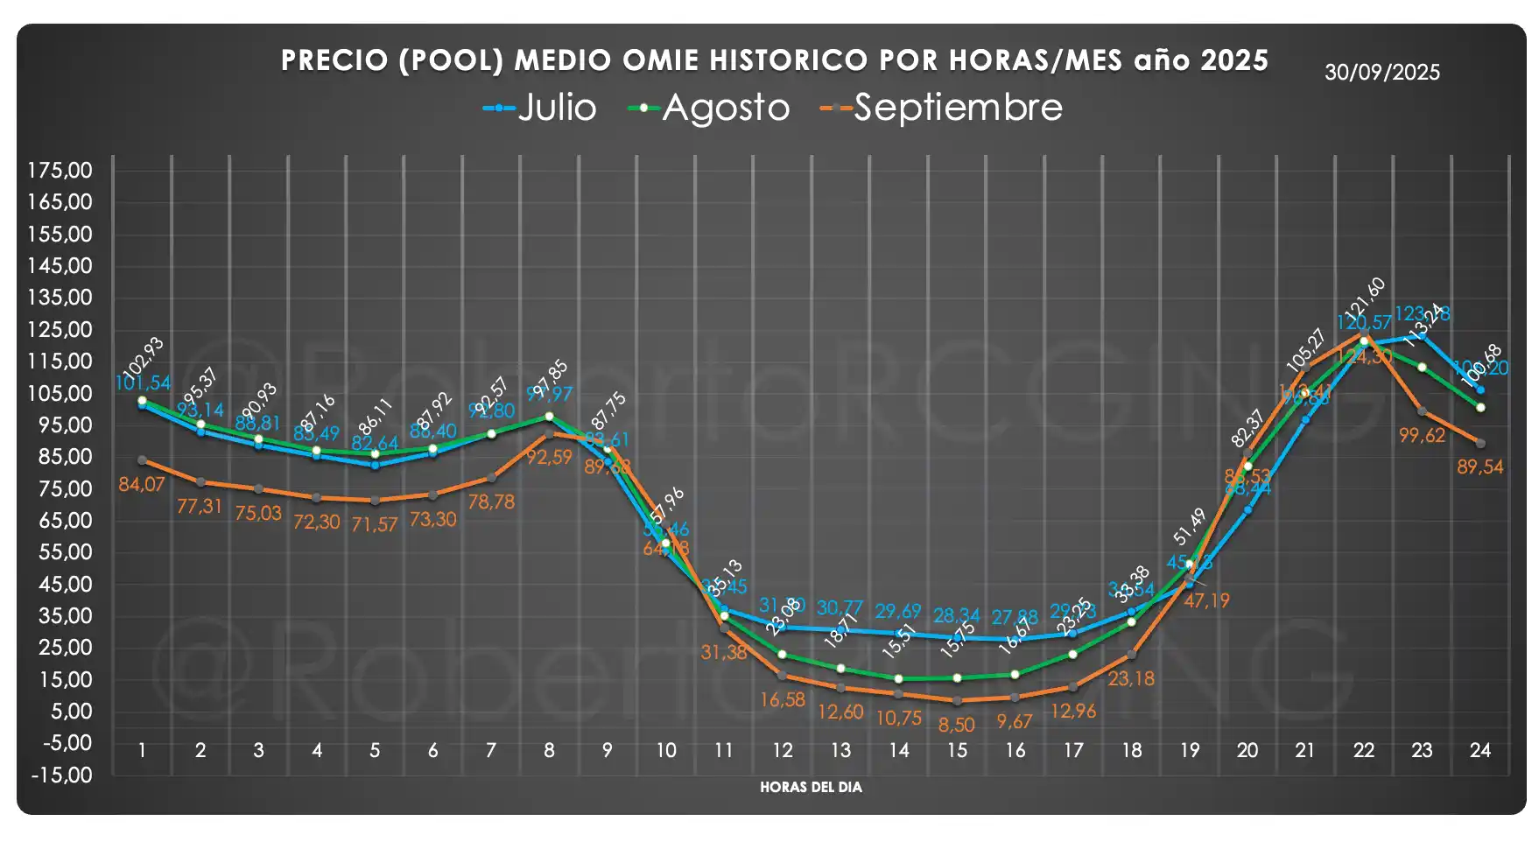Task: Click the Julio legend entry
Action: point(540,108)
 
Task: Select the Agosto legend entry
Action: point(709,108)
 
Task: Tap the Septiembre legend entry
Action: point(941,108)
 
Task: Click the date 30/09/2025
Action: point(1381,73)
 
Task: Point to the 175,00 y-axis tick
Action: point(60,170)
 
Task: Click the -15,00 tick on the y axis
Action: point(60,775)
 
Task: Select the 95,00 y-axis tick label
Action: point(60,425)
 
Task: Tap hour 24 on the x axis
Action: point(1479,750)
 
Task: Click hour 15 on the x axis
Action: point(957,750)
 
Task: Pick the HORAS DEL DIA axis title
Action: point(811,787)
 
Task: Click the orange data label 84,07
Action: point(142,484)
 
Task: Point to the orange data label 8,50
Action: point(956,725)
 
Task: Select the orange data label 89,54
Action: point(1479,467)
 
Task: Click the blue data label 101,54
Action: point(143,382)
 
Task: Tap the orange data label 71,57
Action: point(375,524)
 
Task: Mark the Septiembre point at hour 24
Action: point(1479,444)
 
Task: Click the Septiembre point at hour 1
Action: point(142,460)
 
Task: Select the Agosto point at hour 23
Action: point(1422,368)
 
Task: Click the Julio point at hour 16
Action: point(1015,640)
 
